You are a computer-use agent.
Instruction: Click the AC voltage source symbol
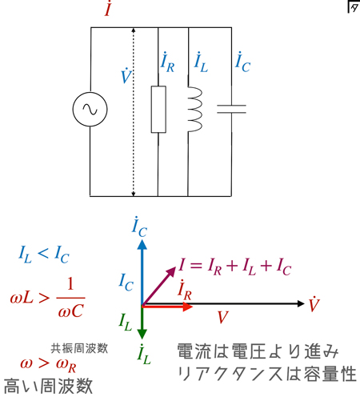point(90,109)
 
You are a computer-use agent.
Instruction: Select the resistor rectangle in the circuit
point(158,109)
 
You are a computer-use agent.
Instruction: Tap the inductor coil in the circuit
point(194,109)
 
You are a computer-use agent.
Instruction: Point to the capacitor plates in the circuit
point(231,109)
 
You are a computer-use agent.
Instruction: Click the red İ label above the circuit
point(108,8)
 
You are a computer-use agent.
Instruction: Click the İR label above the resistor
point(167,62)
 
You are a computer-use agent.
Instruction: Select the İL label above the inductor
point(201,62)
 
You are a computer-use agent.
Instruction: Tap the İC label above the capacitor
point(242,62)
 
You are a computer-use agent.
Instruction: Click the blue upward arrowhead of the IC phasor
point(142,245)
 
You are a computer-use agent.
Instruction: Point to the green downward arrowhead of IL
point(142,335)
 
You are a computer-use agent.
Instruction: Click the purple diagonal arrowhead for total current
point(171,271)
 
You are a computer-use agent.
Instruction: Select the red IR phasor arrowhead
point(188,307)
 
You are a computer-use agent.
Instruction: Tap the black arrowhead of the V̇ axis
point(301,303)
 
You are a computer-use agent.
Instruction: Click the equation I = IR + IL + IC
point(235,267)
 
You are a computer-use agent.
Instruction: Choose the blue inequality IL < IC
point(44,255)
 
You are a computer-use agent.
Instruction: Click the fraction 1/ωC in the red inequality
point(70,298)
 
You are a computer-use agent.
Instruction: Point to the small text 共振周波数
point(79,348)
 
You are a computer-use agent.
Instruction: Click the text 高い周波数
point(48,386)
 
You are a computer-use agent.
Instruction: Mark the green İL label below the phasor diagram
point(144,355)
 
